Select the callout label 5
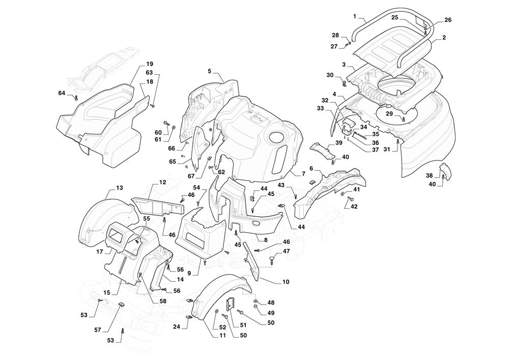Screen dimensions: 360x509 coord(209,71)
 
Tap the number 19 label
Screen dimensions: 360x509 coord(150,64)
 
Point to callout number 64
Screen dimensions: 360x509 coord(62,93)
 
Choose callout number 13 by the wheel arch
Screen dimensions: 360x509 coord(119,188)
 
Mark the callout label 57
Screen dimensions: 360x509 coord(97,330)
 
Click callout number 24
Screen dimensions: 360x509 coord(177,326)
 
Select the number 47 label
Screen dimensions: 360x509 coord(287,251)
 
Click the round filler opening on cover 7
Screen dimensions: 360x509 coord(277,137)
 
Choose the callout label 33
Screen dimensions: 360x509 coord(320,108)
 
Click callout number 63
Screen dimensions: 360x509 coord(149,73)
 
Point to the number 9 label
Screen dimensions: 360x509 coord(189,273)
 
